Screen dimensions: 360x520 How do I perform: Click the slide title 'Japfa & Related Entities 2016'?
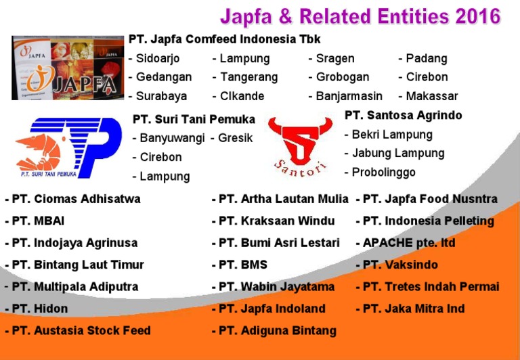[x=360, y=16]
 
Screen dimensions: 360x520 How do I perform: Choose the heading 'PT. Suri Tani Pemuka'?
[x=194, y=120]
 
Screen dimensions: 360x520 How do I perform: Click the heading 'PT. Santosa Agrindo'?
[x=403, y=116]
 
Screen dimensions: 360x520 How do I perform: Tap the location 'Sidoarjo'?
[x=158, y=58]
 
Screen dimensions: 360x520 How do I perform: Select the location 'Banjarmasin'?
[x=348, y=96]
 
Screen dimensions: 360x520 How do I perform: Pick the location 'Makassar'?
[x=431, y=96]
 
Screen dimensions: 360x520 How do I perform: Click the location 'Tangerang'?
[x=244, y=77]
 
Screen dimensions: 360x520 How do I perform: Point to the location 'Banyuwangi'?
[x=171, y=138]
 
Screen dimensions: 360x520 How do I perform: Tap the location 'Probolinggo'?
[x=383, y=172]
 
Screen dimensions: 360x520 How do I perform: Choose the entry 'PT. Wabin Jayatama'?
[x=275, y=287]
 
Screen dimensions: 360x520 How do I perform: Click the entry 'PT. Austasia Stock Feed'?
[x=79, y=330]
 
